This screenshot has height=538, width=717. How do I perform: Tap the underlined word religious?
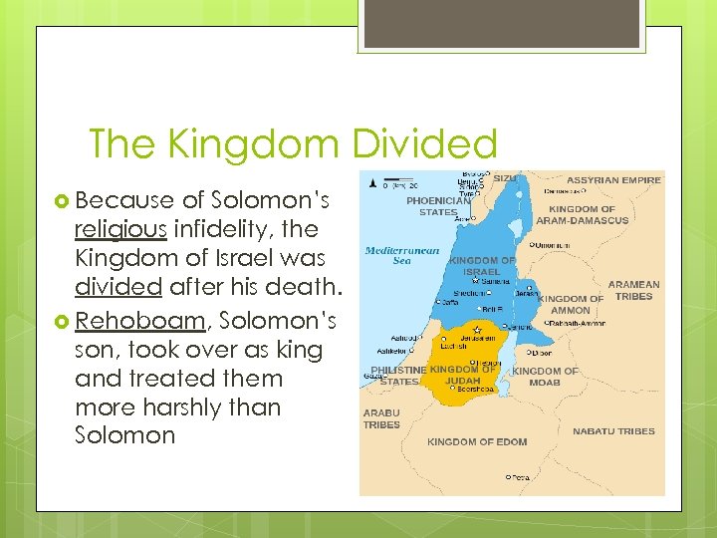pyautogui.click(x=120, y=229)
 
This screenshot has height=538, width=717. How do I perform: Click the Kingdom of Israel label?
pyautogui.click(x=482, y=266)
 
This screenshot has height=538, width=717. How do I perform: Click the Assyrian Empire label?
pyautogui.click(x=613, y=180)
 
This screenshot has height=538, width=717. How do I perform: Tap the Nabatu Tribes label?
pyautogui.click(x=613, y=431)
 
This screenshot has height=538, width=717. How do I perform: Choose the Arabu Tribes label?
pyautogui.click(x=381, y=418)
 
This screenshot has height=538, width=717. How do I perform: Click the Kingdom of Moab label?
pyautogui.click(x=545, y=377)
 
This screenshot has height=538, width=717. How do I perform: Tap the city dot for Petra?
pyautogui.click(x=508, y=477)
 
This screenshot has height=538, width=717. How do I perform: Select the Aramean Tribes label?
pyautogui.click(x=633, y=290)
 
